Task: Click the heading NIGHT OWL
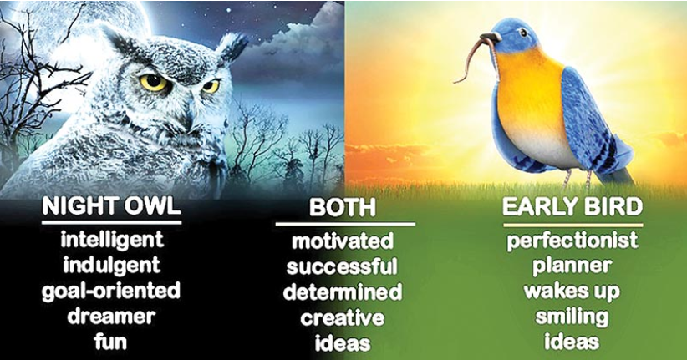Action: coord(111,205)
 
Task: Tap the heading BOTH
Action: coord(342,207)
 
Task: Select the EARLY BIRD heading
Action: coord(572,206)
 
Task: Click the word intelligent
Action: coord(112,241)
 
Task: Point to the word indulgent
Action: coord(112,266)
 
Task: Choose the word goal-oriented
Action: coord(111,292)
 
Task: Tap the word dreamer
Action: coord(111,317)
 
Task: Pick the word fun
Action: coord(110,341)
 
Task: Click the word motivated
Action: coord(343,241)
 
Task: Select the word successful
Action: coord(342,266)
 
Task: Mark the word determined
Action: coord(343,292)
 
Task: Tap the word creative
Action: coord(343,318)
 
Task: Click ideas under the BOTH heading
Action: coord(343,343)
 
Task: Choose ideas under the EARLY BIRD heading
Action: coord(572,341)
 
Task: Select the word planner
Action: coord(572,266)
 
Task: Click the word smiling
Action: coord(572,317)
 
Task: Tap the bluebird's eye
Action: coord(522,33)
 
